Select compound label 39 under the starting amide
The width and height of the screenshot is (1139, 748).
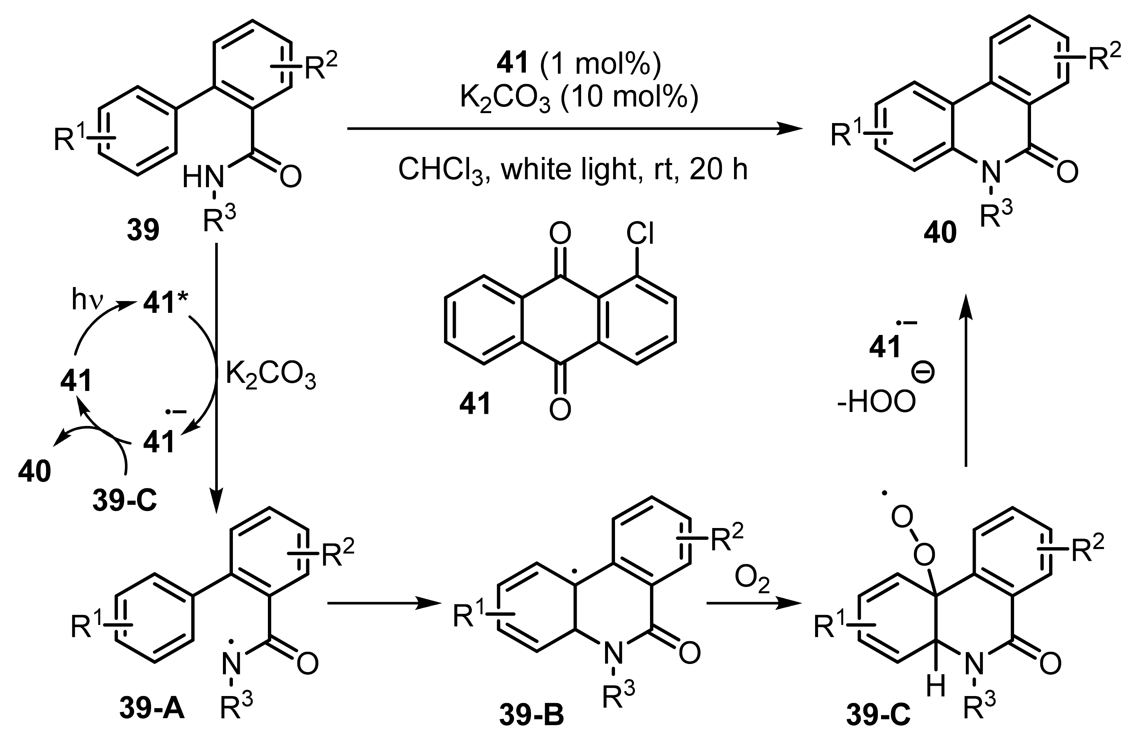click(143, 231)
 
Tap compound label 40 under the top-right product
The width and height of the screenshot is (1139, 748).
click(940, 233)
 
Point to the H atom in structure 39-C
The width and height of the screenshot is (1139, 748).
click(936, 688)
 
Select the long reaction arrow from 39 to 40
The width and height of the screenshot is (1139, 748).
click(574, 128)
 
